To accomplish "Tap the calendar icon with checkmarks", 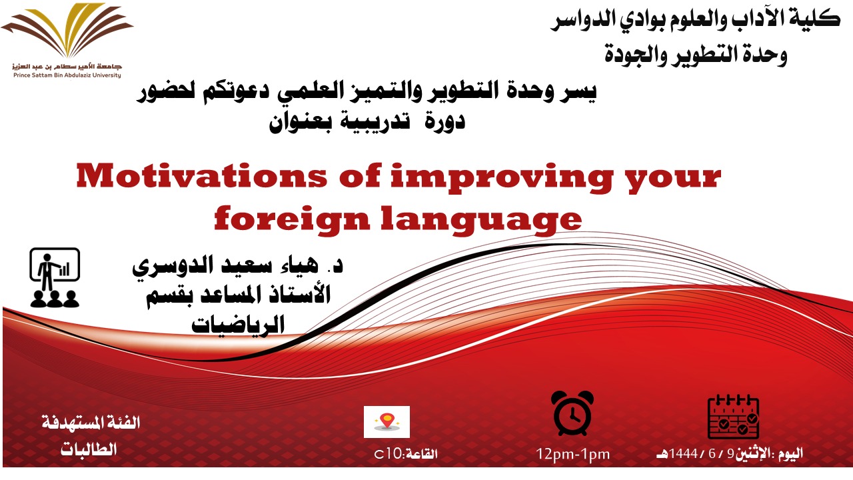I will [732, 415].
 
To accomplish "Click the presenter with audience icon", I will [55, 277].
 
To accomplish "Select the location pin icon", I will [387, 421].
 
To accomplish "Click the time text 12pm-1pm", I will [573, 455].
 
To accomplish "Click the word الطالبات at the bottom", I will [88, 449].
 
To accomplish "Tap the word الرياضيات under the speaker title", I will [238, 324].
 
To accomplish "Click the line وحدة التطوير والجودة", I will [696, 53].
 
